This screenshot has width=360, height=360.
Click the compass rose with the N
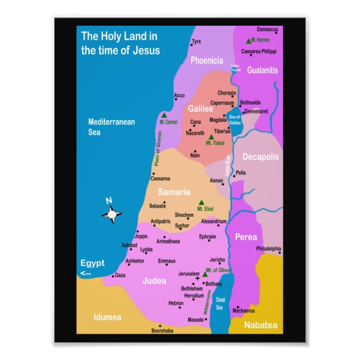click(112, 212)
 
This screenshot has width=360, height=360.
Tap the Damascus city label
click(267, 30)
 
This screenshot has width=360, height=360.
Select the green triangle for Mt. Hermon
click(248, 41)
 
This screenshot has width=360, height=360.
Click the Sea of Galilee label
click(235, 119)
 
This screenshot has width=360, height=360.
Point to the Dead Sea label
click(220, 304)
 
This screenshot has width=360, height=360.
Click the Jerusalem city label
click(188, 274)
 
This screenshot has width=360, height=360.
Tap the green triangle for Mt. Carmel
click(164, 115)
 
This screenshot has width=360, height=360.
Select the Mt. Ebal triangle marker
click(201, 202)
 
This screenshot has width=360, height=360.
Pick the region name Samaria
click(174, 192)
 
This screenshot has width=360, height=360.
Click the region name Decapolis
click(260, 157)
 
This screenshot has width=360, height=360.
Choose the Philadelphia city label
click(268, 248)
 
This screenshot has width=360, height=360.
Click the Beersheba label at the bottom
click(163, 330)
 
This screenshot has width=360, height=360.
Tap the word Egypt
click(92, 263)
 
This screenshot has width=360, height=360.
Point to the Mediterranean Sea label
click(111, 127)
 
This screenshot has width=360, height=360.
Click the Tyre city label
click(196, 42)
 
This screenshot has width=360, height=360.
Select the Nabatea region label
click(260, 325)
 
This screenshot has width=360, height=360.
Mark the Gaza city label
click(120, 275)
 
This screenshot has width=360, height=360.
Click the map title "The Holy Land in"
click(120, 37)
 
